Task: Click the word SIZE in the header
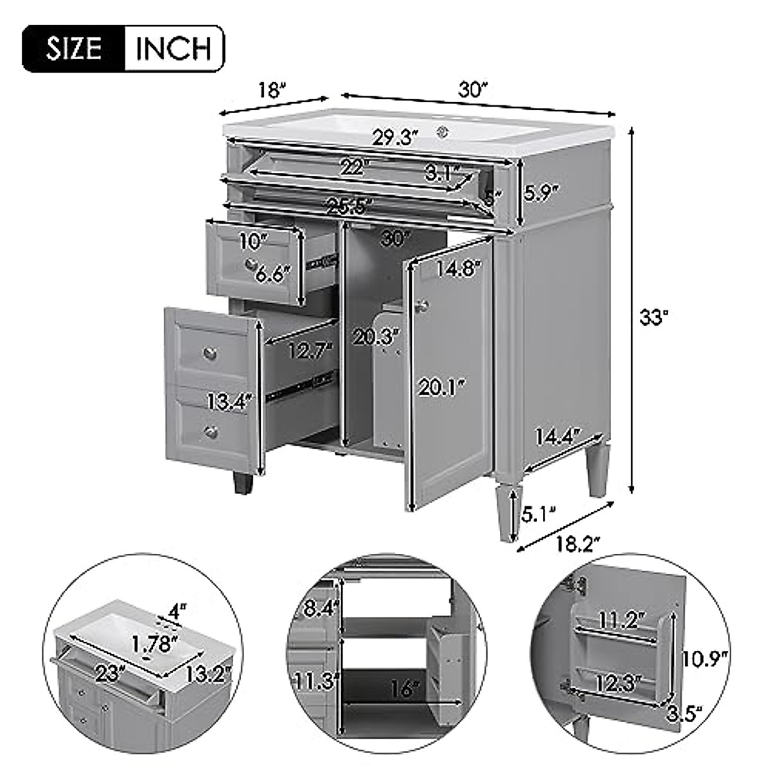[x=73, y=48]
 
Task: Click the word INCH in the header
[x=173, y=48]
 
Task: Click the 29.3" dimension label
[x=394, y=137]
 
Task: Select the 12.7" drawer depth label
[x=310, y=350]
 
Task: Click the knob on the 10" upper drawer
[x=251, y=263]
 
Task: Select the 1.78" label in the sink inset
[x=155, y=642]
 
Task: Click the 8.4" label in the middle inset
[x=319, y=608]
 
